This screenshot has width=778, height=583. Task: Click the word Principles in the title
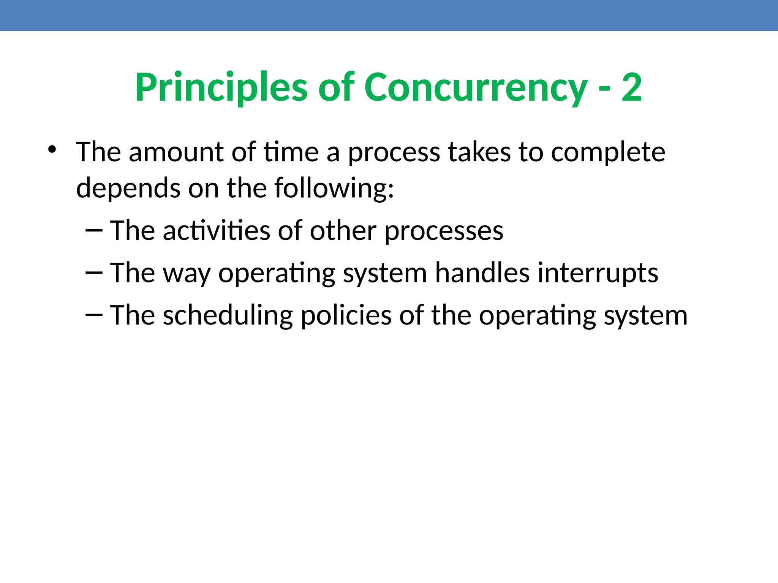(221, 88)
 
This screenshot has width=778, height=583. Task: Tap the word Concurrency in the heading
(476, 88)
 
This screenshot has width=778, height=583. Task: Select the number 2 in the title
(632, 88)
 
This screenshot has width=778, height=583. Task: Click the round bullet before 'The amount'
(52, 149)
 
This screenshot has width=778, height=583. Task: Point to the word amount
(176, 152)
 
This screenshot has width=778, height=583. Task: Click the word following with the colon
(334, 189)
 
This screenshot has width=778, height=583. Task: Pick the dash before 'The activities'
(94, 230)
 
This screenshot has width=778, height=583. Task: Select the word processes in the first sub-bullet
(444, 232)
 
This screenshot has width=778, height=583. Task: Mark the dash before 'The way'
(94, 272)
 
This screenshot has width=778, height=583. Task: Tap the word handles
(482, 273)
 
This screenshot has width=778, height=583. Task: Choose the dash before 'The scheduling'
(94, 315)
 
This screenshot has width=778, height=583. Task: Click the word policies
(346, 315)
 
